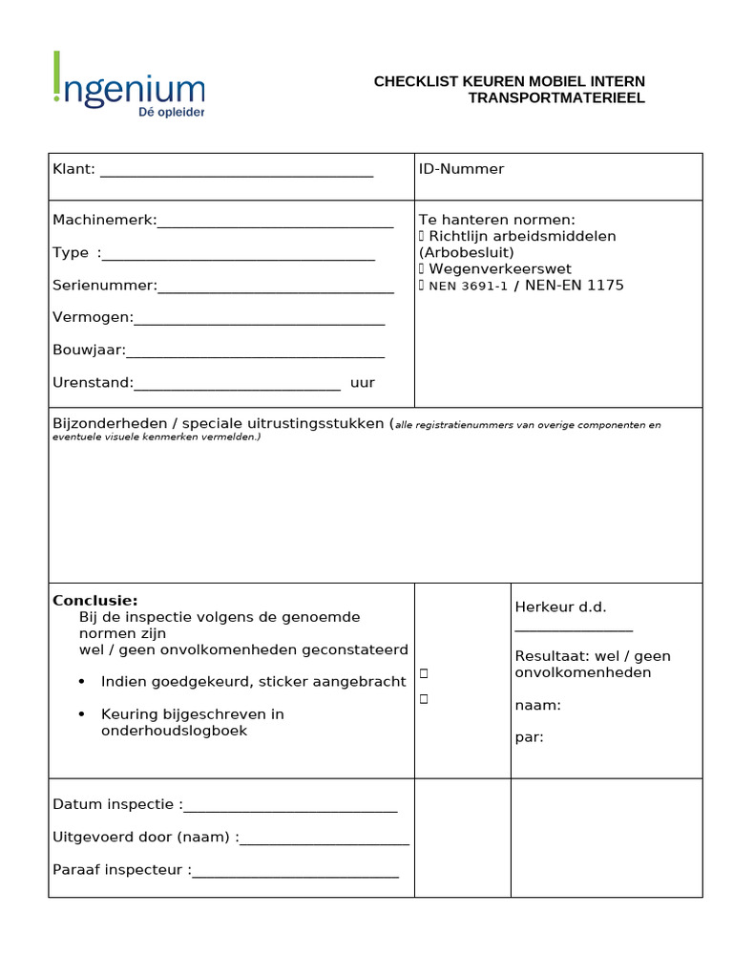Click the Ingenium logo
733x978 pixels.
(x=129, y=85)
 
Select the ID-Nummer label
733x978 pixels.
(x=461, y=169)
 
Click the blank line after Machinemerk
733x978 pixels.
(x=275, y=224)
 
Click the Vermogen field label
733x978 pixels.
(x=93, y=317)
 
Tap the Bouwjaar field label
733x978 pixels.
(x=89, y=351)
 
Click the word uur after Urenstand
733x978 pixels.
(x=363, y=383)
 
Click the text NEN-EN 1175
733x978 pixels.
(x=575, y=286)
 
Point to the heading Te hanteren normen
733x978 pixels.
(x=496, y=220)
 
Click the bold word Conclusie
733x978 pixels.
(x=95, y=601)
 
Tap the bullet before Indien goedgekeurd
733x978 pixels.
(x=81, y=682)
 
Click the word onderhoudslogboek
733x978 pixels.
(x=174, y=731)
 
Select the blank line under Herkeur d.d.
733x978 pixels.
(x=574, y=627)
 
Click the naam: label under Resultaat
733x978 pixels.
(x=538, y=706)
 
